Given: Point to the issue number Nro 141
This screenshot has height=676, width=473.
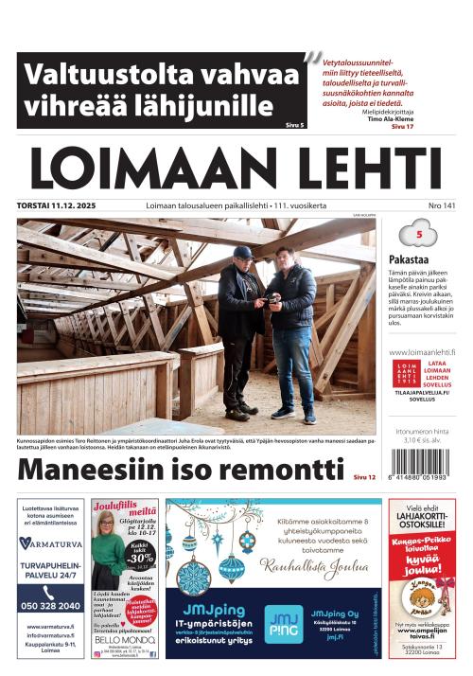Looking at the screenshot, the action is click(442, 205).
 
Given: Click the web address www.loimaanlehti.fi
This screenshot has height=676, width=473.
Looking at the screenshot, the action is click(422, 351).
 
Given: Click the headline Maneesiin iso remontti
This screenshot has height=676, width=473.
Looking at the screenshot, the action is click(183, 471).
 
